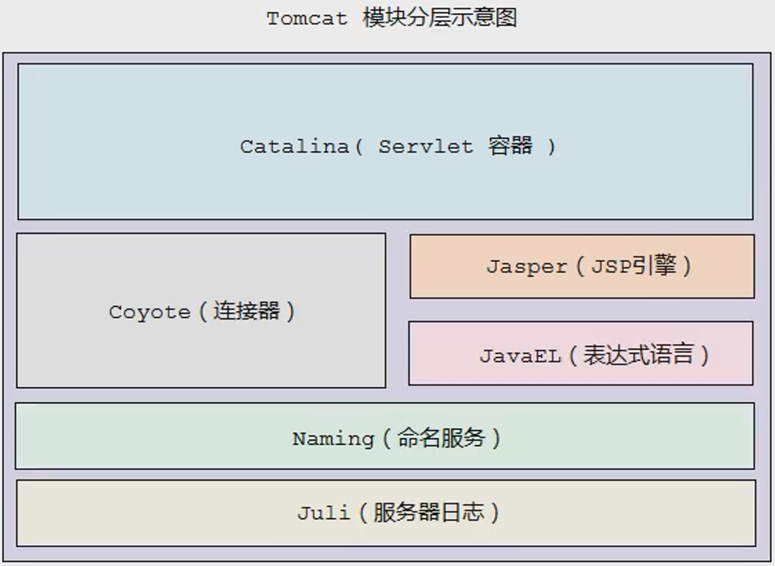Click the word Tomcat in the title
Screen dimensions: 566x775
pyautogui.click(x=307, y=18)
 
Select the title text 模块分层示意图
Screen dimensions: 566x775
pyautogui.click(x=440, y=18)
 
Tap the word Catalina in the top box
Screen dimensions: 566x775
pyautogui.click(x=294, y=146)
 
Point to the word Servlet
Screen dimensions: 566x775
pyautogui.click(x=426, y=146)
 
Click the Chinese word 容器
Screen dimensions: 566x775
pyautogui.click(x=510, y=146)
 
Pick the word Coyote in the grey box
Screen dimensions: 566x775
pyautogui.click(x=150, y=312)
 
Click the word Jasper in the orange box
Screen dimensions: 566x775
pyautogui.click(x=526, y=267)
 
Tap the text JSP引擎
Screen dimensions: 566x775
pyautogui.click(x=633, y=266)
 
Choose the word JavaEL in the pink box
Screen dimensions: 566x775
pyautogui.click(x=521, y=356)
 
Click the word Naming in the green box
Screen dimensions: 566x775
pyautogui.click(x=333, y=438)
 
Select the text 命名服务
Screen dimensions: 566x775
pyautogui.click(x=441, y=437)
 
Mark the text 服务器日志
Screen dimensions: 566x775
pyautogui.click(x=429, y=512)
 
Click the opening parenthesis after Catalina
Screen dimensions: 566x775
pyautogui.click(x=358, y=146)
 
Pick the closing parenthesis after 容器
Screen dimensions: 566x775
pyautogui.click(x=551, y=146)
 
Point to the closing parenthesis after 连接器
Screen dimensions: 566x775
pyautogui.click(x=290, y=312)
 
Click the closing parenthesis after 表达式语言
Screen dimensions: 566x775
pyautogui.click(x=704, y=356)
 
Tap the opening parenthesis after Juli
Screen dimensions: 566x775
pyautogui.click(x=364, y=512)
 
